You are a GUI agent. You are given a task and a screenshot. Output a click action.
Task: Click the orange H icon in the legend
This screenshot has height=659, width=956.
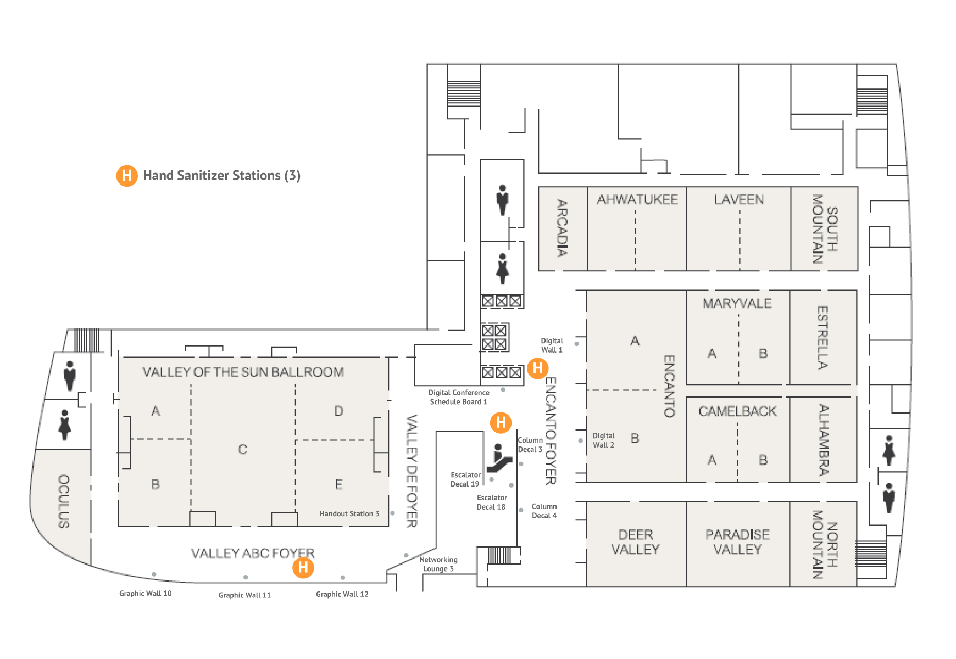coord(127,176)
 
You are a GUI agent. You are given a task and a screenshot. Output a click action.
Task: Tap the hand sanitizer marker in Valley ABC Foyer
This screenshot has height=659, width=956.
coord(303,567)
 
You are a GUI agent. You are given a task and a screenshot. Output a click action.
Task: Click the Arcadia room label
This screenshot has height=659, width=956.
coord(562,228)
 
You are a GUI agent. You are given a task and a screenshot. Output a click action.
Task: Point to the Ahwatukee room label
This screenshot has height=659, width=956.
coord(637,199)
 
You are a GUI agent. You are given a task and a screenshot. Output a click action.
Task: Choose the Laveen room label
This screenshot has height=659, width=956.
coord(739,199)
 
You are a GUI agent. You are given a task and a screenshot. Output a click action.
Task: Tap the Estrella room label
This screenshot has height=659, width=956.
coord(822,337)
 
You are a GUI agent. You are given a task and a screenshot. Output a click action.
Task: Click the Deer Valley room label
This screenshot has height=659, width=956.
coord(636,542)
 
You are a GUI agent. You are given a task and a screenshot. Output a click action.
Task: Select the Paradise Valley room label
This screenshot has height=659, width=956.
coord(737,542)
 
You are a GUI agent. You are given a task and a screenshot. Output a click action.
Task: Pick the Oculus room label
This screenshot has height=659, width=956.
coord(64,501)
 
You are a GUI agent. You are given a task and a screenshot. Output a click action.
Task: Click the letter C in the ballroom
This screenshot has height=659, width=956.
coord(243,450)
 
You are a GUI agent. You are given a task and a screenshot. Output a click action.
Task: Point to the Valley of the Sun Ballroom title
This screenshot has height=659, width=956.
coord(243,372)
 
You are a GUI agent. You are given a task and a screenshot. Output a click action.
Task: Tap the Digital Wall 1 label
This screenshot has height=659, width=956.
coord(552,345)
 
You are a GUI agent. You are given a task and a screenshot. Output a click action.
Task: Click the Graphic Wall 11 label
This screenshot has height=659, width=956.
coord(244,595)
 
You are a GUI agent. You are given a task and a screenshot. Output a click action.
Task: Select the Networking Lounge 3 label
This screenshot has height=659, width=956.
coord(438,564)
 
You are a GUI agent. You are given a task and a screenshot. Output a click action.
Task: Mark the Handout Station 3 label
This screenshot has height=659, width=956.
coord(349,514)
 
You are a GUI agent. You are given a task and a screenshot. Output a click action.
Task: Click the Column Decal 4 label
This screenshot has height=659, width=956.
coord(544,511)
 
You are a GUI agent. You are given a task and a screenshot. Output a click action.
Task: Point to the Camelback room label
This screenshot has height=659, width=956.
coord(737,411)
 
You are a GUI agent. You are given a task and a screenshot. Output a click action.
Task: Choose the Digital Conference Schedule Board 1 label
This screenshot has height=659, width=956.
coord(459,397)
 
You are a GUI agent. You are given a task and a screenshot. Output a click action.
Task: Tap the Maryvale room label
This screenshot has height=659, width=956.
coord(737,303)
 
